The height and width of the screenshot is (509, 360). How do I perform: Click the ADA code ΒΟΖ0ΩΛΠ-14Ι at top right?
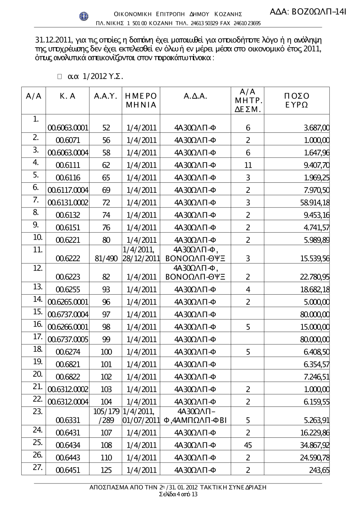(308, 12)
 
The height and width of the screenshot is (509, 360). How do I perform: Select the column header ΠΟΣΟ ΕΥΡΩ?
(296, 100)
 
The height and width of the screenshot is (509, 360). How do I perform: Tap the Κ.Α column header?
(68, 96)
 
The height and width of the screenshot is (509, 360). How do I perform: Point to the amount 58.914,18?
(315, 203)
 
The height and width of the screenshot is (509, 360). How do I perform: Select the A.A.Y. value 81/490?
(106, 259)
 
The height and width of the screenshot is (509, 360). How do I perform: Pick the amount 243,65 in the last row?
(319, 470)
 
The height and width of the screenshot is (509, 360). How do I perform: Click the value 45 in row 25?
(248, 445)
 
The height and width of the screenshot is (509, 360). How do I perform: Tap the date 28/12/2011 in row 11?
(141, 259)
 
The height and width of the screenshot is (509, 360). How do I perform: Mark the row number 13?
(37, 287)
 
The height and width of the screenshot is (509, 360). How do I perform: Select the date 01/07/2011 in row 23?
(141, 420)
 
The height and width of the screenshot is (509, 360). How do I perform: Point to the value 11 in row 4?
(248, 165)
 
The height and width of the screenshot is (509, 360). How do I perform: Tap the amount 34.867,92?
(315, 445)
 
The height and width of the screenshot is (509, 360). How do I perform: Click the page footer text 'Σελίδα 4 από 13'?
(178, 494)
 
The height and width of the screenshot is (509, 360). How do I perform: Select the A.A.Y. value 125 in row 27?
(106, 470)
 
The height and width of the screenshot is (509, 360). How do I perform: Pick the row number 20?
(37, 374)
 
